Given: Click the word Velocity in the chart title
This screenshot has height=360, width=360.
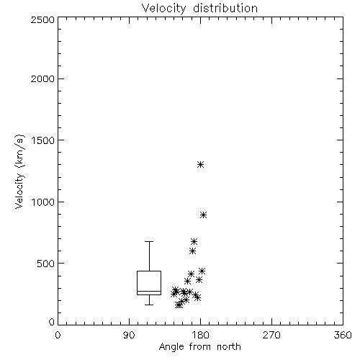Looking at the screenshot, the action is pos(164,9).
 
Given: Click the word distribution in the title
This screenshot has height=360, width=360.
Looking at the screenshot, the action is pos(225,8).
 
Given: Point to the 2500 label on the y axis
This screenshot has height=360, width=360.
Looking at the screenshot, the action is pos(42,19).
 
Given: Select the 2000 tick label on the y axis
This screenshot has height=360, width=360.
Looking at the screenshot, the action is pos(42,78).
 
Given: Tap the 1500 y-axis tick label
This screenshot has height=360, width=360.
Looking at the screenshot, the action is pos(43,140).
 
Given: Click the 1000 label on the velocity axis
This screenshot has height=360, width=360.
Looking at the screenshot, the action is pos(43,202).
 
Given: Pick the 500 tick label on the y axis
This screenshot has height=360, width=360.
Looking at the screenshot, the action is pos(46,264).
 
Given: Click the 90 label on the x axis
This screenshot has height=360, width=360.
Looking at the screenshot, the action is pos(129,335).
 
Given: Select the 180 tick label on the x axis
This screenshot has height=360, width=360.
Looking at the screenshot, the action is pos(200,335).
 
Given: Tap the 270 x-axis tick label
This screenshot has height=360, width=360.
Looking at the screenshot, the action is pos(271,335).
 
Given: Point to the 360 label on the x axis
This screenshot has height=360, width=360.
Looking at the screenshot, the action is pos(343,335).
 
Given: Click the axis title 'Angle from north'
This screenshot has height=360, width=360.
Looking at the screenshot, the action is pos(199,347).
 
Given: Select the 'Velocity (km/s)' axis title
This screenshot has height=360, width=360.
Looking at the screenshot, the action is pos(19,171).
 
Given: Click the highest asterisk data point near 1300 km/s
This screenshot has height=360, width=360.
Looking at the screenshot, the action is pos(200,165).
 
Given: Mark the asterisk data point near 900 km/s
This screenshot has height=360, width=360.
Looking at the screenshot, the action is pos(203,215).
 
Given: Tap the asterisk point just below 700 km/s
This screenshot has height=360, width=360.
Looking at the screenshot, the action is pos(194,241).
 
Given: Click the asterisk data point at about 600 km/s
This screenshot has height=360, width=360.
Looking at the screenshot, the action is pos(192,251).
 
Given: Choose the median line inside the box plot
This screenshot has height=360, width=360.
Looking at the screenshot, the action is pos(149,292).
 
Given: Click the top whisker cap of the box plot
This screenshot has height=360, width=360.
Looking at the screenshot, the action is pos(149,241).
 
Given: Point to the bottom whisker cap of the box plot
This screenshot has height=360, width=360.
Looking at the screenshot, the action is pos(149,305).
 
